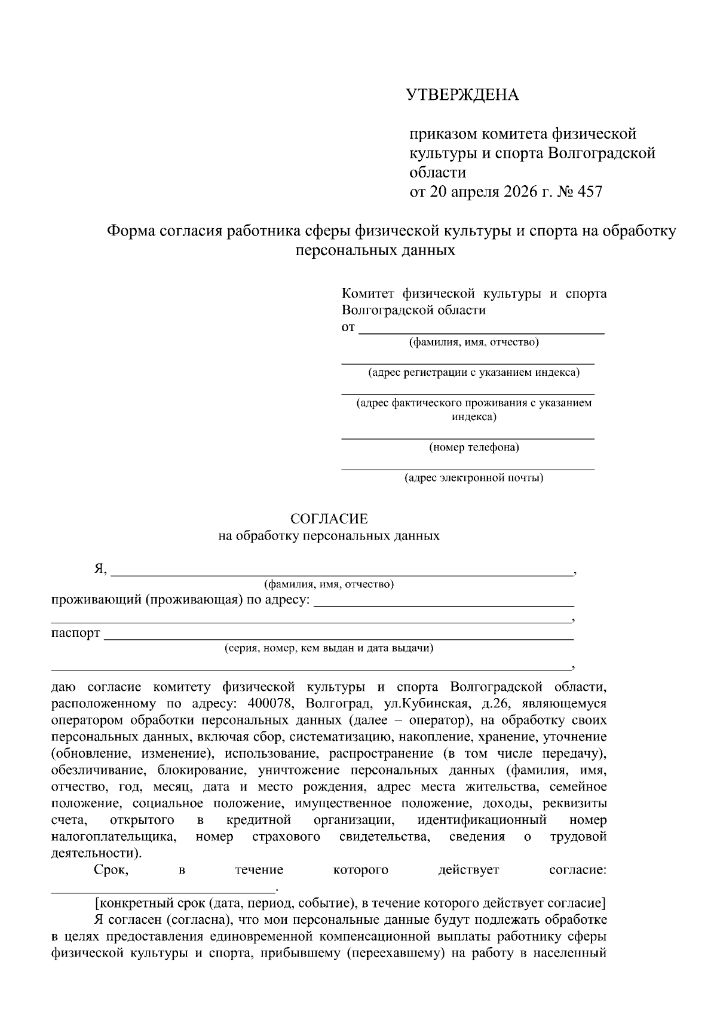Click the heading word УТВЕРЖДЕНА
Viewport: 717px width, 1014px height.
[462, 95]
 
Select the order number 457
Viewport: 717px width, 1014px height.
[590, 192]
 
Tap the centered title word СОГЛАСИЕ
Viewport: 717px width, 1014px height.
[329, 519]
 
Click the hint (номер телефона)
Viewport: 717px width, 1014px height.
[474, 447]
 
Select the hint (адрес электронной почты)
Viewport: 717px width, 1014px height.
[474, 477]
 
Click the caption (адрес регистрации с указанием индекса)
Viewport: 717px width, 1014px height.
[473, 372]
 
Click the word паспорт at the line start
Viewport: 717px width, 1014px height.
[75, 633]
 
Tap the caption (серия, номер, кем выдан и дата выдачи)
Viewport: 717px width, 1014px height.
[329, 648]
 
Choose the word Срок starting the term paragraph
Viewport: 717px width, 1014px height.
[111, 870]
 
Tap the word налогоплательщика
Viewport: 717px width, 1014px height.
[114, 837]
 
